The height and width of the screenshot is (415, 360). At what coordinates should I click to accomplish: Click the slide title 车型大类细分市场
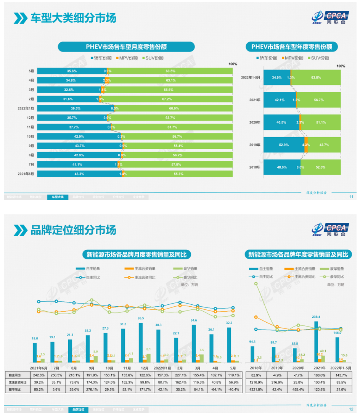click(x=73, y=18)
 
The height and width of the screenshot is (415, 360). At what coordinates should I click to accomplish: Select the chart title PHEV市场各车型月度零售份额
click(x=126, y=47)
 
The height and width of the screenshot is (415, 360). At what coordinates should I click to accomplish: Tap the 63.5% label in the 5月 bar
click(x=170, y=71)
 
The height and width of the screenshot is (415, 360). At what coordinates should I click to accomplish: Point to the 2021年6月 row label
click(x=26, y=174)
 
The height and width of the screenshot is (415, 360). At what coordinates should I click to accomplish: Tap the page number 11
click(x=351, y=197)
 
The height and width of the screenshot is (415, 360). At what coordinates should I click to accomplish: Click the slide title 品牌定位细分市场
click(x=73, y=230)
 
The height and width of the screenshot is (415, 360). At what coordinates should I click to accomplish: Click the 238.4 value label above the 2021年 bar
click(x=316, y=317)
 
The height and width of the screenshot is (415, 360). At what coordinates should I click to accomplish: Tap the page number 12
click(x=351, y=409)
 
